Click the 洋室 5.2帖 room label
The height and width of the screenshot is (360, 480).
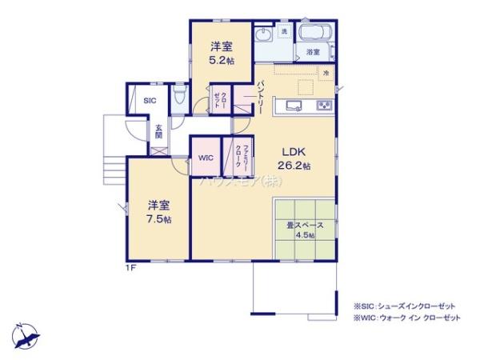221,52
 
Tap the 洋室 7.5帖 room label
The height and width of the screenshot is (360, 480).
157,211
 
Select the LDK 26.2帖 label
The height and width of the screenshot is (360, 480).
294,158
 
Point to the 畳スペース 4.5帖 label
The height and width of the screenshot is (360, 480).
301,230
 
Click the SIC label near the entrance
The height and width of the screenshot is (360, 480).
149,101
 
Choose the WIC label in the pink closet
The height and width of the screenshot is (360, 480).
205,158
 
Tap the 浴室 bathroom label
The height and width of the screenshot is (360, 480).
313,52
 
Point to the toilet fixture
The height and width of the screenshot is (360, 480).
181,98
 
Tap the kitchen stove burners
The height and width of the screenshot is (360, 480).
323,106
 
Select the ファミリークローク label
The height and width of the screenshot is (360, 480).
238,158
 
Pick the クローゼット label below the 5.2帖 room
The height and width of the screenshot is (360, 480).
218,102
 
